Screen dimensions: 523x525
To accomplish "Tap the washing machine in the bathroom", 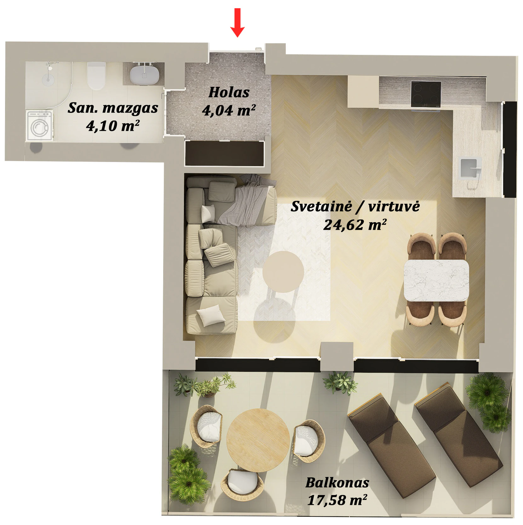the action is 40,125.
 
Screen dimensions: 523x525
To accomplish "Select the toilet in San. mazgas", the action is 96,76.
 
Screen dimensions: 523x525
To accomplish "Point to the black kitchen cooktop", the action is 426,94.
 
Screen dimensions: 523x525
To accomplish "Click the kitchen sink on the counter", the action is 471,168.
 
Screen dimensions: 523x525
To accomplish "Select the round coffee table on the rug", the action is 283,272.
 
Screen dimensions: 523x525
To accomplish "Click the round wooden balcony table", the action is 258,440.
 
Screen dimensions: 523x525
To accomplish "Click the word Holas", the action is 229,92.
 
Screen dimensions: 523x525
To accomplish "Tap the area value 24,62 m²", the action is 355,225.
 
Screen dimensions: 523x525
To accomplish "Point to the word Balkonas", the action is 337,482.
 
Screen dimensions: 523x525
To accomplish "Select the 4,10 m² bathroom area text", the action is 113,126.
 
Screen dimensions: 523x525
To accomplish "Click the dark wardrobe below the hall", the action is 224,153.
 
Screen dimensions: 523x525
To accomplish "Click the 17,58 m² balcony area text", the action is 337,500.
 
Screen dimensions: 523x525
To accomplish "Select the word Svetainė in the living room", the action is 321,206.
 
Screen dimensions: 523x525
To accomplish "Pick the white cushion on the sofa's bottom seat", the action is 211,315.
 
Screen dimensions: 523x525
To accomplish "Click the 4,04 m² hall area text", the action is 229,111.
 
